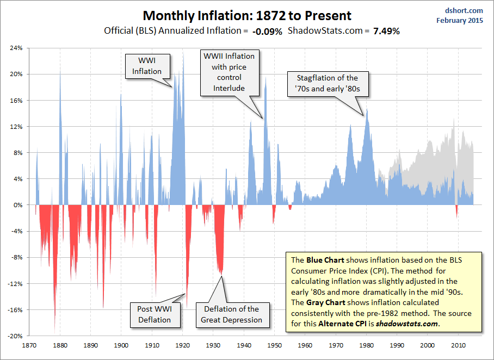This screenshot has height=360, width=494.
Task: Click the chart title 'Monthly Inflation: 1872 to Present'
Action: coord(247,16)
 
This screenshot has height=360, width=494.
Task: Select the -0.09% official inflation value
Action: coord(267,32)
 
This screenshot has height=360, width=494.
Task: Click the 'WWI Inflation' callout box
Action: coord(147,66)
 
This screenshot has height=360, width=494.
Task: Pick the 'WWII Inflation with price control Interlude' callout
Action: coord(229,72)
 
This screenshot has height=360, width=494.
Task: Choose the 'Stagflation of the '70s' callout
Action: coord(328,83)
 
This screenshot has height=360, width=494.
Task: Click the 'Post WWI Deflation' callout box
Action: coord(154,314)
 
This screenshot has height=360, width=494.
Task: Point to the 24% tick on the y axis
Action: coord(15,48)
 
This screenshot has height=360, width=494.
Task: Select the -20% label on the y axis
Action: coord(14,336)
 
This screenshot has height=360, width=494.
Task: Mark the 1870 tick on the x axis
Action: coord(29,345)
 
